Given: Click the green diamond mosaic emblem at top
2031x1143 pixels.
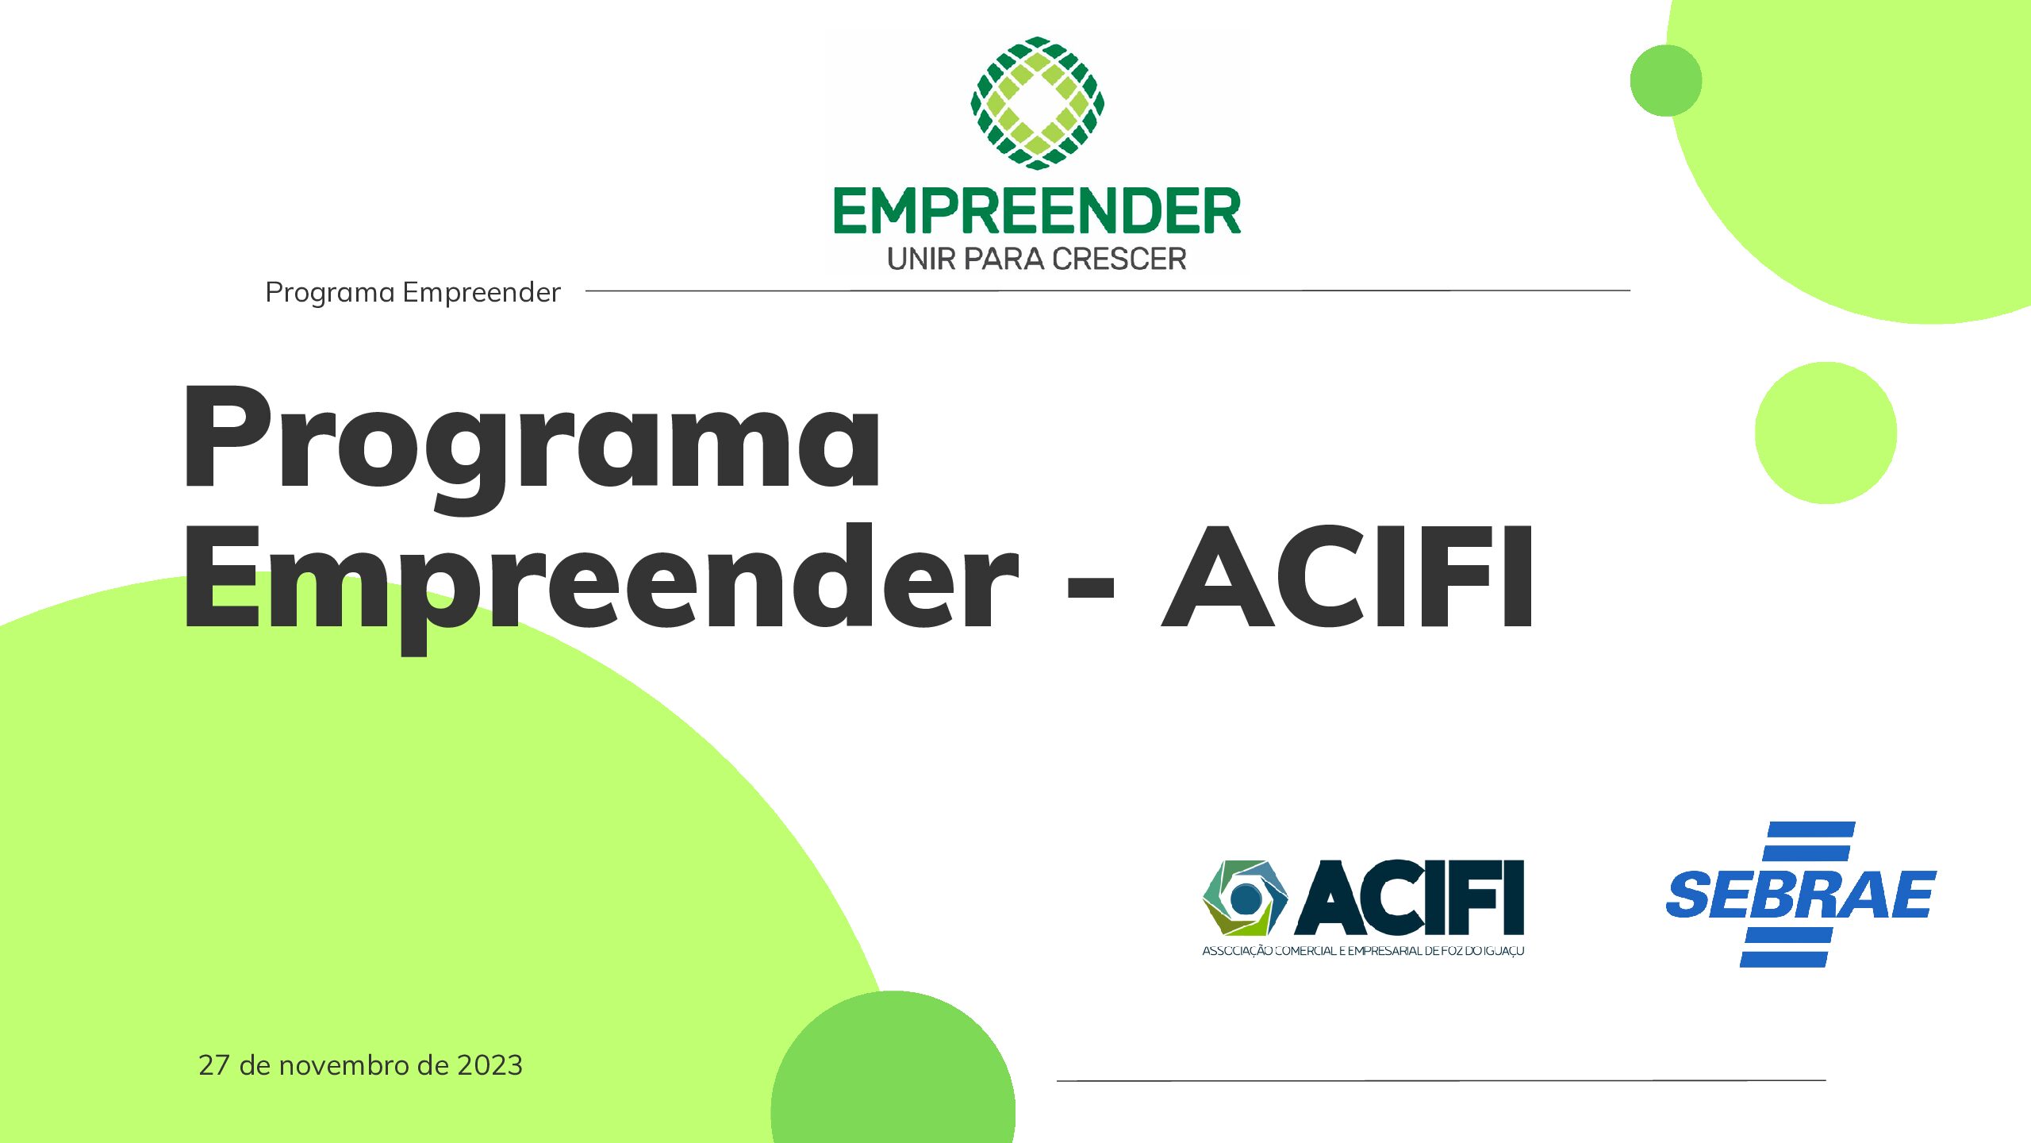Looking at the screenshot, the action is (1037, 102).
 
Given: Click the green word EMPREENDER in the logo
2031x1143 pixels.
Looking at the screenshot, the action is (1037, 211).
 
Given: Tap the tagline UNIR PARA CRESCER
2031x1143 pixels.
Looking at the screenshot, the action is (1037, 259).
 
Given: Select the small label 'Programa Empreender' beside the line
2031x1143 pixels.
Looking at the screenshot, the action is (413, 293).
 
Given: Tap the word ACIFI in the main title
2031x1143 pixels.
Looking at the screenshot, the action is (1348, 576).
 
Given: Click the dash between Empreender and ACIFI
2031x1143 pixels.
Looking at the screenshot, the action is (1091, 588).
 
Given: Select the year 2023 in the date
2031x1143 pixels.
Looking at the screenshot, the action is (490, 1065).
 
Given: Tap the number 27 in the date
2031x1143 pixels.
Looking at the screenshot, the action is (214, 1065).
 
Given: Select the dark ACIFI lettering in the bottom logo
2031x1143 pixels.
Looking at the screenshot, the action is (1410, 897).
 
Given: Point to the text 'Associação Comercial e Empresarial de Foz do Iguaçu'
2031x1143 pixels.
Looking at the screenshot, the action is (1363, 951).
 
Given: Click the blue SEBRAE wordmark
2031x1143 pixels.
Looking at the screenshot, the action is (1801, 895).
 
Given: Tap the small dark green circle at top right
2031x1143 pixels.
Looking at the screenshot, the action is (1666, 80).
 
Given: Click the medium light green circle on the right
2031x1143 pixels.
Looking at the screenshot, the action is (1826, 433).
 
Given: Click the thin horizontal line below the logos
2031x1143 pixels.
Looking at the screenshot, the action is (1442, 1080).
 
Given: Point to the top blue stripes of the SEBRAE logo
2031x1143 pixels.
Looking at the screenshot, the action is (1808, 841).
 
